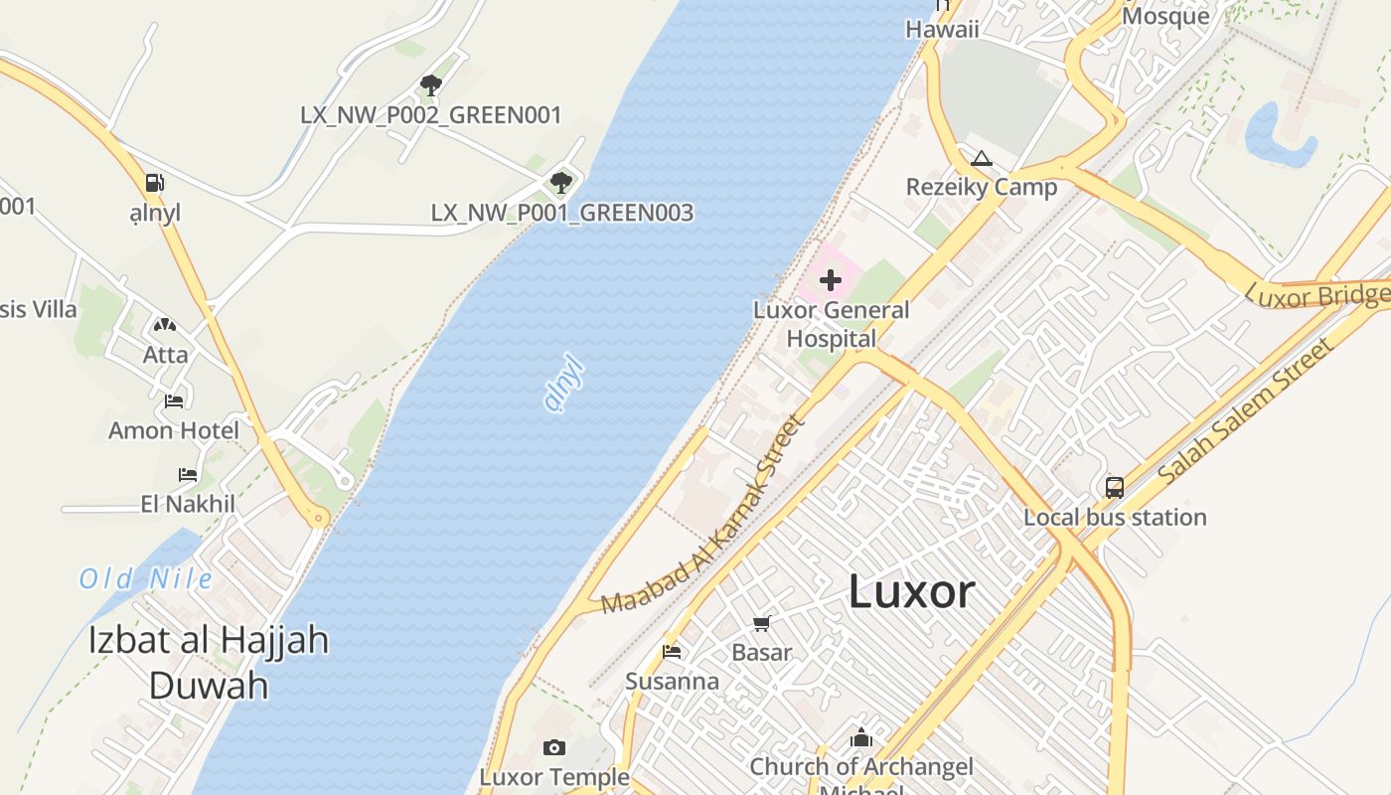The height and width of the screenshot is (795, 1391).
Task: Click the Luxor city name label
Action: pos(911,592)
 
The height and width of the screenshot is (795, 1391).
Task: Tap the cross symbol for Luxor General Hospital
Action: pos(831,280)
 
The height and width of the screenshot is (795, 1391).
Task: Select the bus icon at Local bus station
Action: pos(1115,487)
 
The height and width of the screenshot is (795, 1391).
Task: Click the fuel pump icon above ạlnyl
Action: pos(154,183)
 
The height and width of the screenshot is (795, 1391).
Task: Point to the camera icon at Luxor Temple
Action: pos(554,747)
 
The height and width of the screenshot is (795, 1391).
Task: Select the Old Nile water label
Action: pos(146,578)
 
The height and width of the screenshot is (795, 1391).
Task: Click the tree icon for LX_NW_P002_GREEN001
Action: pos(430,84)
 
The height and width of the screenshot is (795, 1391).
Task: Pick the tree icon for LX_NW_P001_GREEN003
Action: pos(561,182)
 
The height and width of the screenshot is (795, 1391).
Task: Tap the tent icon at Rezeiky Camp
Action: pos(982,158)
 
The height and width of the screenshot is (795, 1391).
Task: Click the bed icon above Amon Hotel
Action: pos(174,400)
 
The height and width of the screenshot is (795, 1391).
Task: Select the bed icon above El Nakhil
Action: pos(187,474)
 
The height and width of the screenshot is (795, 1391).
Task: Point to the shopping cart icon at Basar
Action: pos(761,623)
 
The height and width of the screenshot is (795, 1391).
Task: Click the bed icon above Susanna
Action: pos(672,652)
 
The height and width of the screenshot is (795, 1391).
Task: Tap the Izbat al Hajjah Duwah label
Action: pos(209,662)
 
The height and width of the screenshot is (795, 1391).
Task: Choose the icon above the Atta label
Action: pos(165,325)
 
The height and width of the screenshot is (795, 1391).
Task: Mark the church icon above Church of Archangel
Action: pos(861,737)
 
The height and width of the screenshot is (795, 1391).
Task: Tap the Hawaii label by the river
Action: pos(942,29)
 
